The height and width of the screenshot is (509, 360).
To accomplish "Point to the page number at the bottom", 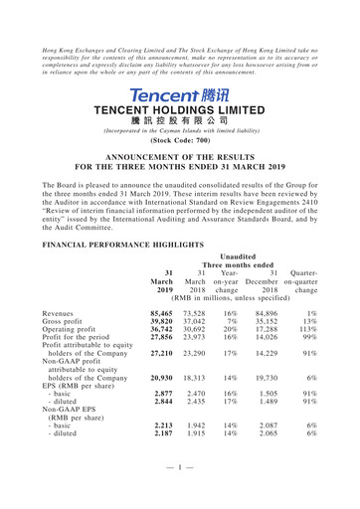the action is tap(180, 495).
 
